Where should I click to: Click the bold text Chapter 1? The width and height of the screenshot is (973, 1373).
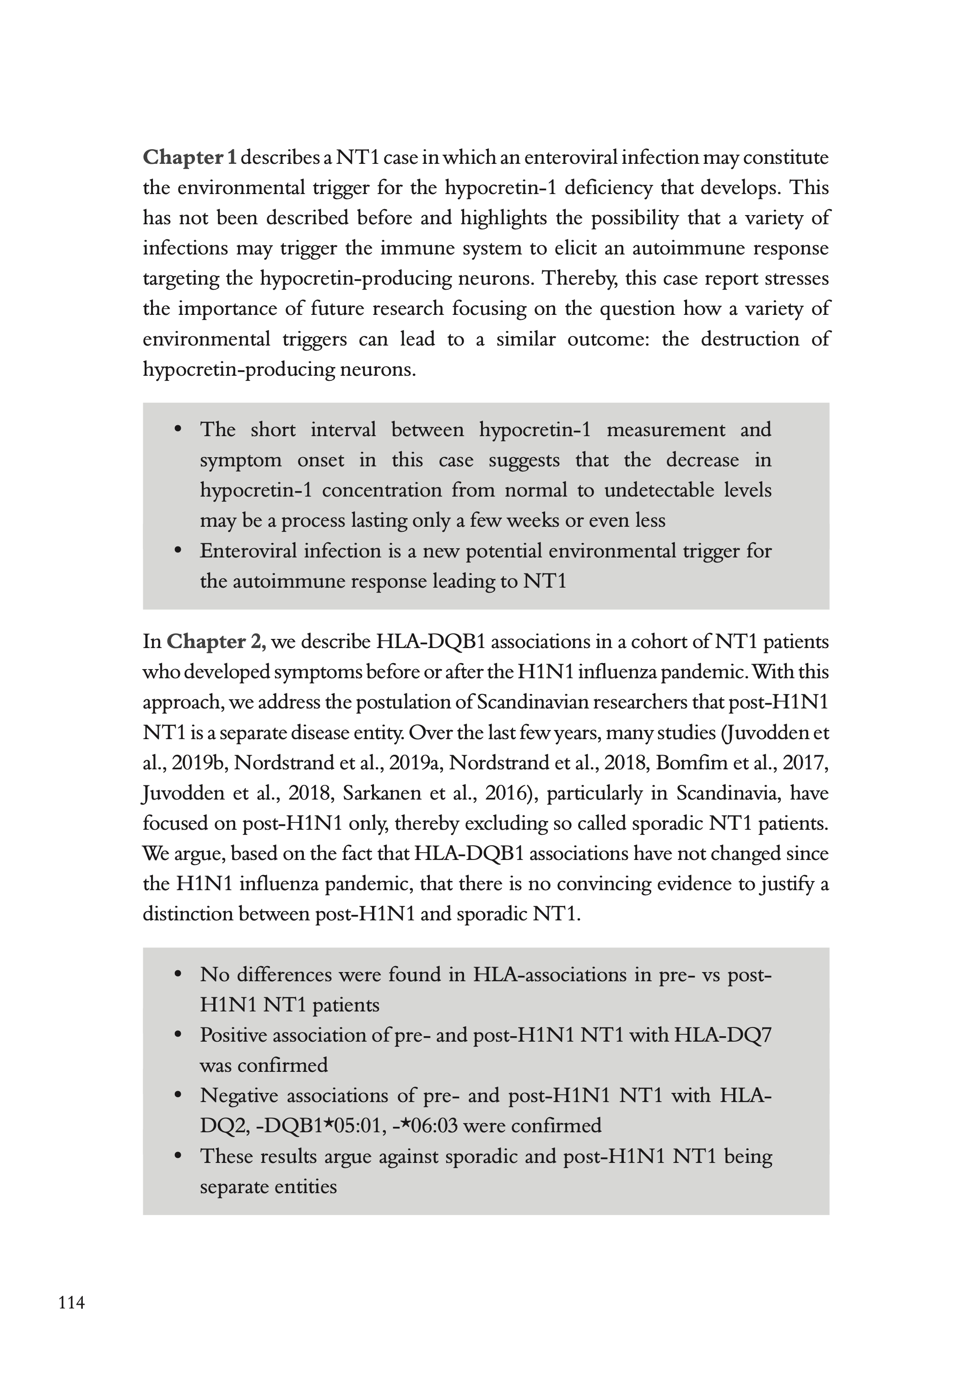189,157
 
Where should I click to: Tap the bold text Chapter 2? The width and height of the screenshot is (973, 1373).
216,642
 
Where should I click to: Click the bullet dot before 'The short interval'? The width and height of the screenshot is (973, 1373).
177,429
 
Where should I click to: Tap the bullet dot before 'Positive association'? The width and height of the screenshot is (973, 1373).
177,1035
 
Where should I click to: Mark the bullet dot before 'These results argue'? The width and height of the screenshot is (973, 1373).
177,1156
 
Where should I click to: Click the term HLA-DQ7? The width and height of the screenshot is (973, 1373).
723,1035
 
